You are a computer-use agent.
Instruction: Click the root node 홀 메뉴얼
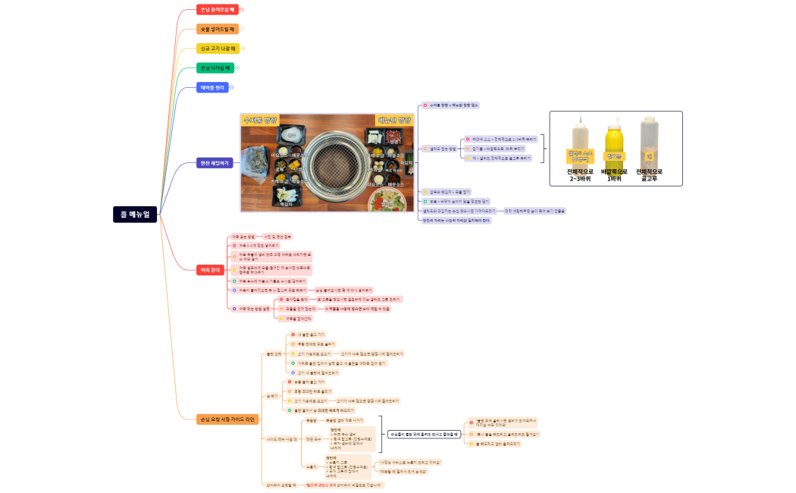click(135, 214)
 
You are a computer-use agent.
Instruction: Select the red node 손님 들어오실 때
click(218, 10)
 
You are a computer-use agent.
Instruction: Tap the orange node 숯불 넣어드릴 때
click(217, 29)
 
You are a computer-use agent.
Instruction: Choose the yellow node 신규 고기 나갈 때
click(218, 49)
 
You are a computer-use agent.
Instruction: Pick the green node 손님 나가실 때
click(215, 68)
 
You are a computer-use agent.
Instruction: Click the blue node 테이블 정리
click(212, 87)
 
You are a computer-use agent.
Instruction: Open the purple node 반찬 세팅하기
click(215, 163)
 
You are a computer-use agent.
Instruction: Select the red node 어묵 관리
click(208, 269)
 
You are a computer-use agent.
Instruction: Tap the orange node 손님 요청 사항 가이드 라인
click(227, 419)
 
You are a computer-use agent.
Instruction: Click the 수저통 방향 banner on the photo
click(261, 120)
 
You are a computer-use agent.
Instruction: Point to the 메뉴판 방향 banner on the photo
click(394, 120)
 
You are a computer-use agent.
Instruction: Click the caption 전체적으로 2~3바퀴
click(581, 176)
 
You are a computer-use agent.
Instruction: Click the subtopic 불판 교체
click(273, 353)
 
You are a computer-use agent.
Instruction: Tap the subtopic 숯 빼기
click(271, 396)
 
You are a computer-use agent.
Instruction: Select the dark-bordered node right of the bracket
click(424, 434)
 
